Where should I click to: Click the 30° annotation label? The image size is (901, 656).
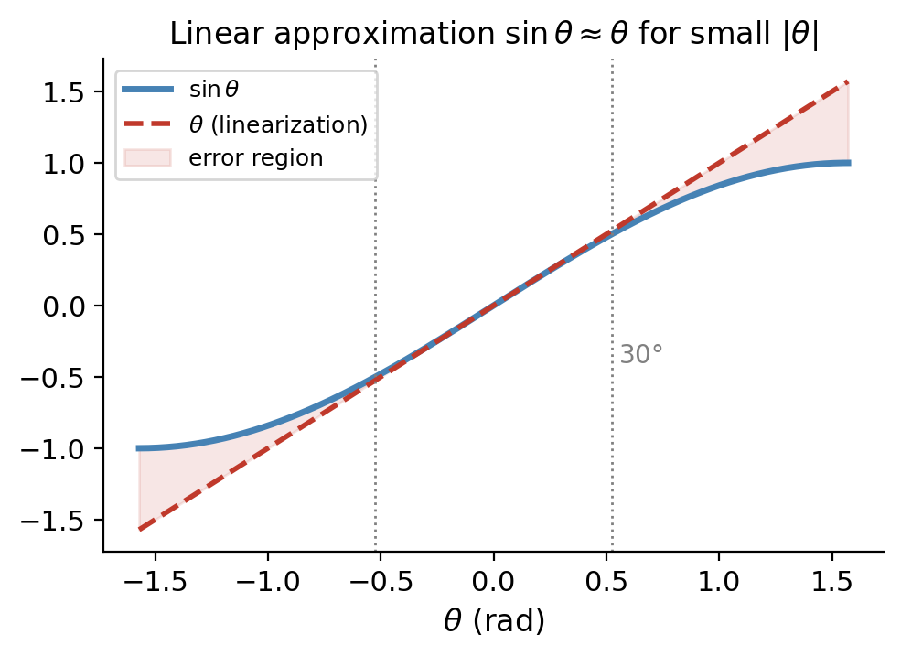[x=640, y=355]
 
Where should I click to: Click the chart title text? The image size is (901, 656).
[x=494, y=35]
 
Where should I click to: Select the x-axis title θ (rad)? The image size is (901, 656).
[x=494, y=622]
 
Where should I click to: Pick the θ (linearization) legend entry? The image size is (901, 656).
[x=277, y=124]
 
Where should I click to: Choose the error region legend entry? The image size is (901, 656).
[x=255, y=157]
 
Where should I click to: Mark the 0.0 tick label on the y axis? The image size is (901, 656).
[x=67, y=306]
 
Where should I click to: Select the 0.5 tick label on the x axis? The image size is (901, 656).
[x=606, y=582]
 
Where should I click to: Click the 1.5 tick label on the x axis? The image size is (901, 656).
[x=831, y=582]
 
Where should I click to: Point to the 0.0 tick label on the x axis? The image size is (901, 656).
[x=494, y=582]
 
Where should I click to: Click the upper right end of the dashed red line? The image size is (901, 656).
[x=848, y=82]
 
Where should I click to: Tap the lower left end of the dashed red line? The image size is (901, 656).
[x=140, y=529]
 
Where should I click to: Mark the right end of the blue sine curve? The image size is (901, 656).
[x=848, y=163]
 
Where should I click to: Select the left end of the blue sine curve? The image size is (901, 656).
[x=140, y=448]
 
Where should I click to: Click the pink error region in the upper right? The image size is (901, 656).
[x=823, y=137]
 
